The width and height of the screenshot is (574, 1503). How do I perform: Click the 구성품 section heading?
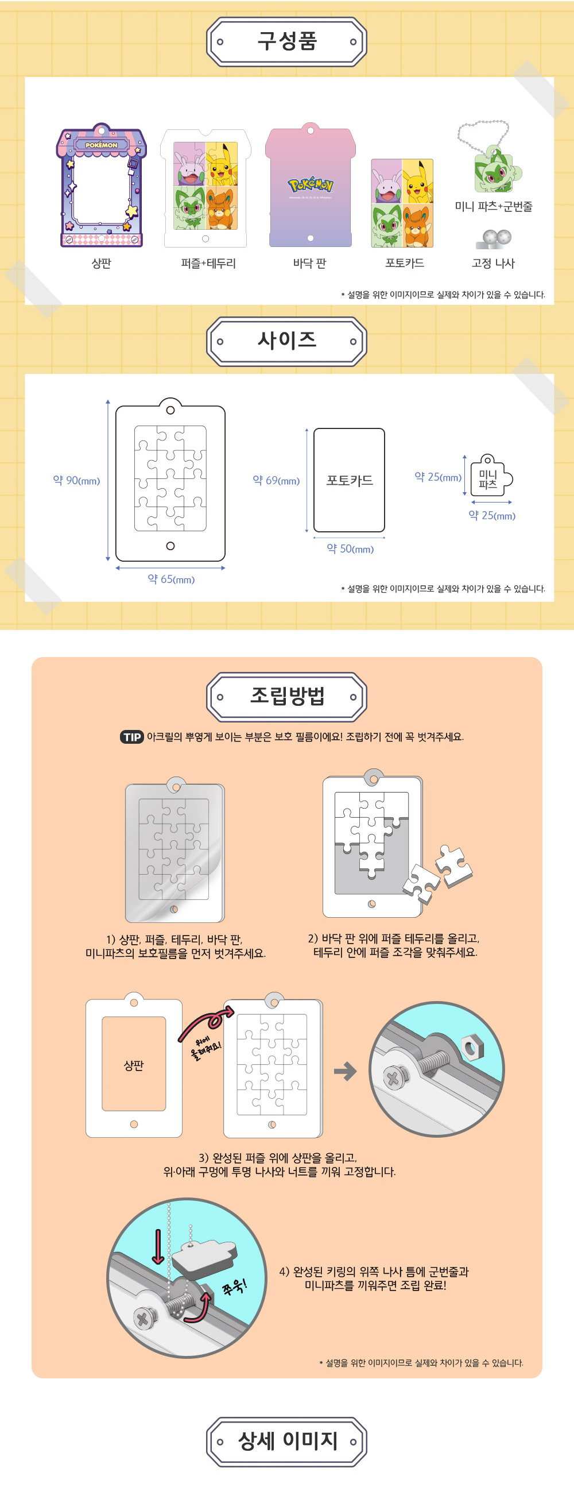pyautogui.click(x=287, y=41)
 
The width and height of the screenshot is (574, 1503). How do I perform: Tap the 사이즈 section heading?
pyautogui.click(x=287, y=341)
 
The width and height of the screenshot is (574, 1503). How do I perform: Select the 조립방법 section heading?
pyautogui.click(x=287, y=696)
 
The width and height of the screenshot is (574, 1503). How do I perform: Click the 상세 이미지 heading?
pyautogui.click(x=287, y=1440)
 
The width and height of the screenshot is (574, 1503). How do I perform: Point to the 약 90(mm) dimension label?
pyautogui.click(x=76, y=480)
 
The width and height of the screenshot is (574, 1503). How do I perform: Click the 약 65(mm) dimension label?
pyautogui.click(x=171, y=579)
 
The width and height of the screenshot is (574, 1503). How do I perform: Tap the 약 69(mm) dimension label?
pyautogui.click(x=276, y=480)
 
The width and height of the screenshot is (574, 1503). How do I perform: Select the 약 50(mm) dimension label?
pyautogui.click(x=350, y=548)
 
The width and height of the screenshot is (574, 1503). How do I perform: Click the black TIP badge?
pyautogui.click(x=132, y=737)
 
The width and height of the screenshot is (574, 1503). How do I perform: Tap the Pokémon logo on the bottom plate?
pyautogui.click(x=311, y=186)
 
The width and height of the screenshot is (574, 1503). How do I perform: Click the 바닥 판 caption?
pyautogui.click(x=310, y=264)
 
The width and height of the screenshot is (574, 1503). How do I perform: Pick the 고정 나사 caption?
pyautogui.click(x=494, y=264)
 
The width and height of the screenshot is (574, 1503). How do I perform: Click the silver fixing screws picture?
pyautogui.click(x=494, y=239)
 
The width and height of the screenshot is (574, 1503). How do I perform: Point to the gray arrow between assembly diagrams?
pyautogui.click(x=346, y=1071)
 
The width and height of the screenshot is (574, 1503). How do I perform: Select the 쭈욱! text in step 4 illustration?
pyautogui.click(x=234, y=1286)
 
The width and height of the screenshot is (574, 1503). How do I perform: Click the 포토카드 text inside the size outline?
pyautogui.click(x=350, y=480)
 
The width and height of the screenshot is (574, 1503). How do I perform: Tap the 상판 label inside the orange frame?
pyautogui.click(x=134, y=1065)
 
